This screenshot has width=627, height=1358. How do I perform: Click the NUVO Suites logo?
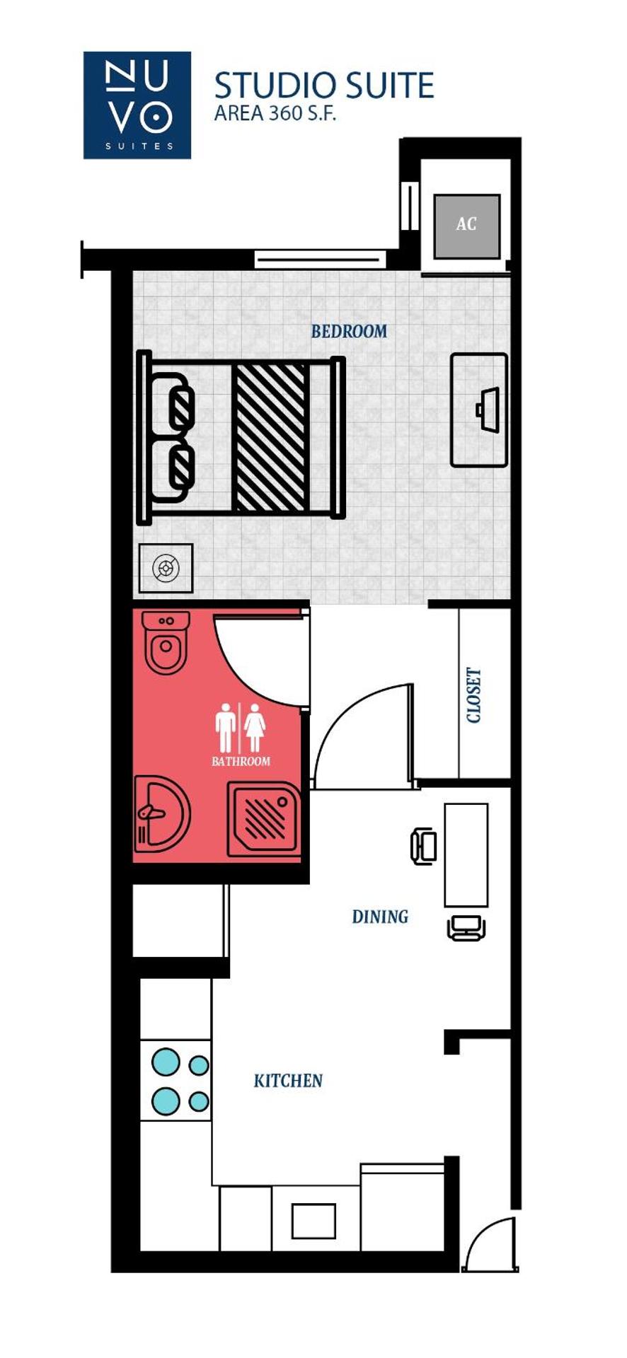pos(137,105)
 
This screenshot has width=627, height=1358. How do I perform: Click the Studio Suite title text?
pos(324,86)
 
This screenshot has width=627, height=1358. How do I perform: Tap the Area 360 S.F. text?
pos(275,113)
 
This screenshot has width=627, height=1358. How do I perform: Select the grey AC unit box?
pos(466,226)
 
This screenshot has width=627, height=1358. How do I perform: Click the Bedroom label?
pos(349,331)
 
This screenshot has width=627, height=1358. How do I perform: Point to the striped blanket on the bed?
pos(270,437)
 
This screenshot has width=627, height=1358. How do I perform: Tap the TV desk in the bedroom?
pos(480,410)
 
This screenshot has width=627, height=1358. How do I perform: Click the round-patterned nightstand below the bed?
pos(166,567)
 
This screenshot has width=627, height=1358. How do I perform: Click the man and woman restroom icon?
pos(240,727)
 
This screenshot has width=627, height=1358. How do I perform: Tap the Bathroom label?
pos(241,761)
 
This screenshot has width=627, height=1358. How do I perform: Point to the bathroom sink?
pos(161,813)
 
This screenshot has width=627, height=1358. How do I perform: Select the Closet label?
pos(474,695)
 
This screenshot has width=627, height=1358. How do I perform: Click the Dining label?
pos(380,917)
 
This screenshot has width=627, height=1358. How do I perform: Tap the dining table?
pos(466,854)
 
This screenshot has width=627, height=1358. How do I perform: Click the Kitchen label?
pos(288,1081)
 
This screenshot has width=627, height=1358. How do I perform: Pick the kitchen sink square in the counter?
pos(313,1221)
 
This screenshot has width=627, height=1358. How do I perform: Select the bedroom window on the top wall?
pos(320,259)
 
